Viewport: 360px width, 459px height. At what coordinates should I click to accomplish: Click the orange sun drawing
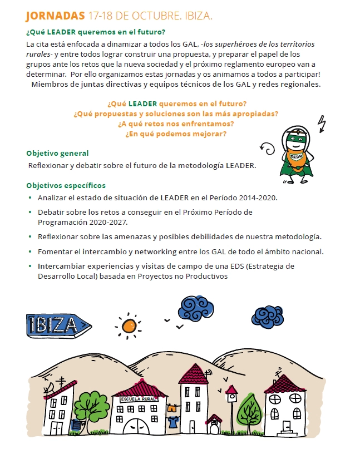129,324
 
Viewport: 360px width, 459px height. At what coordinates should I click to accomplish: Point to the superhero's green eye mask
295,135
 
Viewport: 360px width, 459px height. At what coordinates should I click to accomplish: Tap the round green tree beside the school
90,408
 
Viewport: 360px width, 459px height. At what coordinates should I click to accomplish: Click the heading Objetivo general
57,153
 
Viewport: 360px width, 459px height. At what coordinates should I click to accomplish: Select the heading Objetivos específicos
66,185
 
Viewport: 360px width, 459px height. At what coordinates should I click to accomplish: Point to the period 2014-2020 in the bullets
257,198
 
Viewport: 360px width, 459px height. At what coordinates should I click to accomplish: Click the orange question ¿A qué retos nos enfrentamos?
176,124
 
